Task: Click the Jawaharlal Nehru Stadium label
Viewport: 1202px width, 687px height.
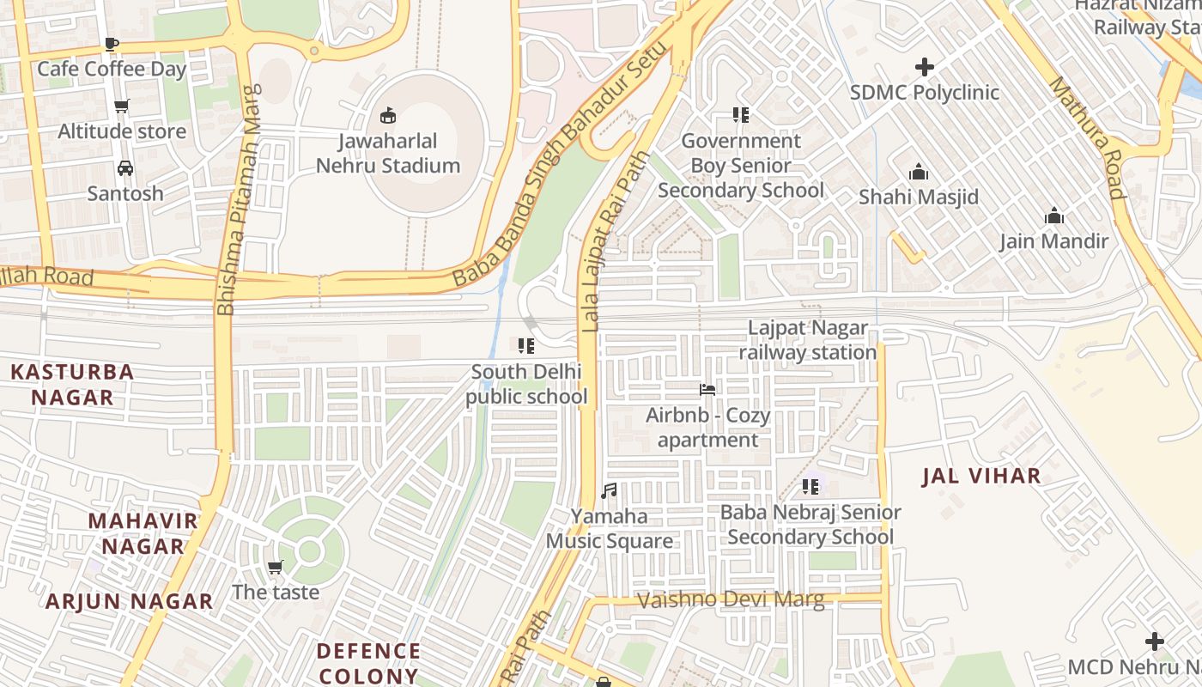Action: [x=388, y=154]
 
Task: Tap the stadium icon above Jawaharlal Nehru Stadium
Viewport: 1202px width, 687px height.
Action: [x=388, y=115]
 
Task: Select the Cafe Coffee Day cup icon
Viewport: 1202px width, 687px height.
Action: [x=111, y=44]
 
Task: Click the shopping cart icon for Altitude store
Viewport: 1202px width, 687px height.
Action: [x=122, y=106]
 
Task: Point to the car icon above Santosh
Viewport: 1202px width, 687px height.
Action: [x=125, y=168]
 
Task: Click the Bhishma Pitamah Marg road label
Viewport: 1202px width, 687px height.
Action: [x=238, y=199]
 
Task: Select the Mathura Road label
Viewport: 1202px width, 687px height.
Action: [x=1086, y=137]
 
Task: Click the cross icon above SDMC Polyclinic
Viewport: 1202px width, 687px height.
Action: [x=925, y=67]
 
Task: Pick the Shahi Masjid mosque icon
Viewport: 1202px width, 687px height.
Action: [x=919, y=173]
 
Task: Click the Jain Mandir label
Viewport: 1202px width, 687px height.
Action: [x=1053, y=241]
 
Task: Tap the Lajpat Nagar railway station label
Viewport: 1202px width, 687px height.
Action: [x=807, y=340]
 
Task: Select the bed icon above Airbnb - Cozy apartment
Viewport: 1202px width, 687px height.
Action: [x=707, y=390]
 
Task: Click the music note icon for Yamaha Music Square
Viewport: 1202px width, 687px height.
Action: [x=609, y=491]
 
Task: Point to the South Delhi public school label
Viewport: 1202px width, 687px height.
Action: [x=526, y=384]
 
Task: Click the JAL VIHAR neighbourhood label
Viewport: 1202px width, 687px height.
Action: [x=981, y=477]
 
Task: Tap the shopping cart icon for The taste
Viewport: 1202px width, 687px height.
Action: [x=275, y=567]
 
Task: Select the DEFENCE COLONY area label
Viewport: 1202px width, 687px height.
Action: [x=368, y=663]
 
